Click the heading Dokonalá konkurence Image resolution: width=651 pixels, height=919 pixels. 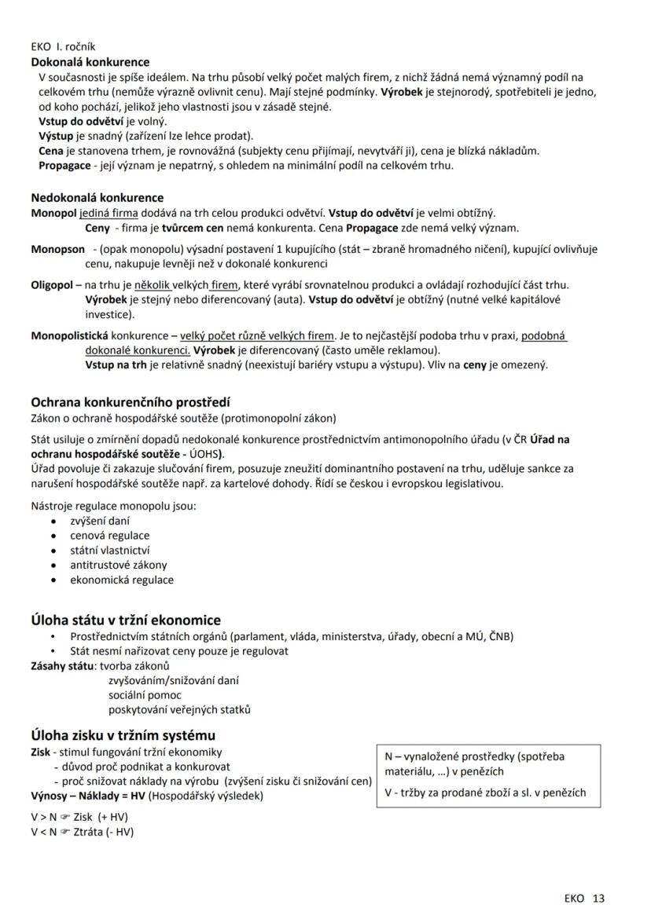[x=90, y=62]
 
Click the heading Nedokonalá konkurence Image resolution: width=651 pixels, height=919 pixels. [x=97, y=198]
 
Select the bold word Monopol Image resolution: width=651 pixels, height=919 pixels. [x=53, y=213]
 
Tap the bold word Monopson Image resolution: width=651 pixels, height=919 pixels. [x=57, y=249]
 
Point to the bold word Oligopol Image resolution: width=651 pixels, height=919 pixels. [x=54, y=284]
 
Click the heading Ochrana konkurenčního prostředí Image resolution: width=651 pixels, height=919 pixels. [x=130, y=402]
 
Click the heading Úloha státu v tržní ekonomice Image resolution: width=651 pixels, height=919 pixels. [x=126, y=621]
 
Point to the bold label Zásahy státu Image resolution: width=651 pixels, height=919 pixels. [x=60, y=666]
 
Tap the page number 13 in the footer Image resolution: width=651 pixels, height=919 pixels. [x=599, y=898]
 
